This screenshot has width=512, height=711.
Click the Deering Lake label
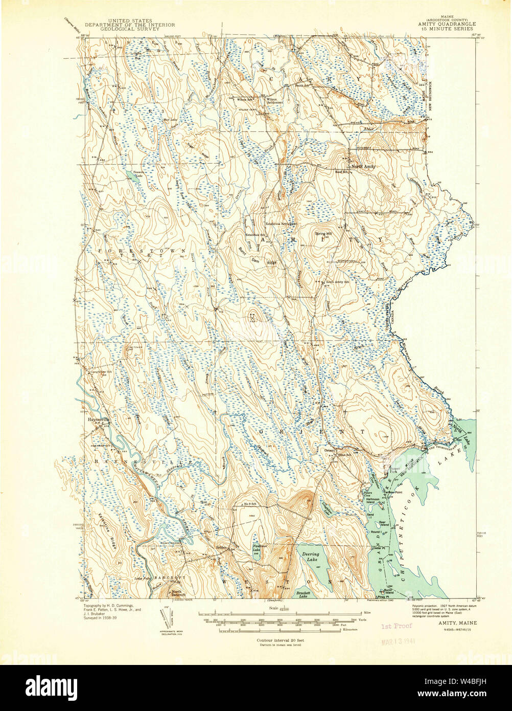[310, 557]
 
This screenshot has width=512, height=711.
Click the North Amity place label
[363, 167]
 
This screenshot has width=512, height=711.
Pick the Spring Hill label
[323, 234]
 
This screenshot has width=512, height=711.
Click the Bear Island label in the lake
[385, 524]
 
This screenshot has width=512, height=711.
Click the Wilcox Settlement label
[275, 101]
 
